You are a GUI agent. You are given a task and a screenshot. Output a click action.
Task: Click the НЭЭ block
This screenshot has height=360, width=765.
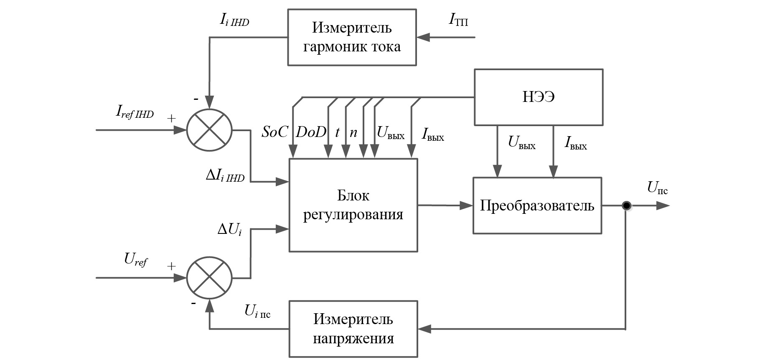538,97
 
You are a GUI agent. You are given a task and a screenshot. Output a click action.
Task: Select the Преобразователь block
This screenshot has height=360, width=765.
537,205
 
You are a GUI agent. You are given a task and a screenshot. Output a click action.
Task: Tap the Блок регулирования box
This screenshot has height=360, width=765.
353,205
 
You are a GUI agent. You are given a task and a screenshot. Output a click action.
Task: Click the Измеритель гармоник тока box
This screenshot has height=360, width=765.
352,37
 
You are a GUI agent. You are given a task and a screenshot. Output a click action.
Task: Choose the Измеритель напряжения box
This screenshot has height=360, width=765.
353,329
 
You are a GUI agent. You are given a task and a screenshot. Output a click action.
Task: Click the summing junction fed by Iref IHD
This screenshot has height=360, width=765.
209,130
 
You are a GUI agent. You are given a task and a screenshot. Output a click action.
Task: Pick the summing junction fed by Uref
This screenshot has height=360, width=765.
209,278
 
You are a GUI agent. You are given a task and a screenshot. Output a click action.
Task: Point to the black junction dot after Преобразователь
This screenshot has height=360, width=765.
626,205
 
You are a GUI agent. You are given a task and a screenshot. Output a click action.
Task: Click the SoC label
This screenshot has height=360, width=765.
274,132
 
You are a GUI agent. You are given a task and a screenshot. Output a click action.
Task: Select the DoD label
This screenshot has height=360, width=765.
311,132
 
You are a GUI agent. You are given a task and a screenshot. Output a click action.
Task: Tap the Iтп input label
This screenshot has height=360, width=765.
458,20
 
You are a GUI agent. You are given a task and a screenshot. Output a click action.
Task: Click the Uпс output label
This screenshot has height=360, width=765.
657,188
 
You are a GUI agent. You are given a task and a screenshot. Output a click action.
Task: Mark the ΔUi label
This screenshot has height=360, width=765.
229,229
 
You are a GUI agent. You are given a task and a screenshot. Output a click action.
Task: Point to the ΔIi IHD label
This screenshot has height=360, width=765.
225,176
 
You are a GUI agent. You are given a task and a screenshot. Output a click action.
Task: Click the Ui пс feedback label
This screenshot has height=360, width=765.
257,311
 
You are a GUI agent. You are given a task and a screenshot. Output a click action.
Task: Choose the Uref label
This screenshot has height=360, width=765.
136,260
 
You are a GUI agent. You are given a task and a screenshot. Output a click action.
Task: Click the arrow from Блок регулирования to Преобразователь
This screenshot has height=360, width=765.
445,205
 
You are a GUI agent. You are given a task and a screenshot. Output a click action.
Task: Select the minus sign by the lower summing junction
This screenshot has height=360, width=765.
193,304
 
